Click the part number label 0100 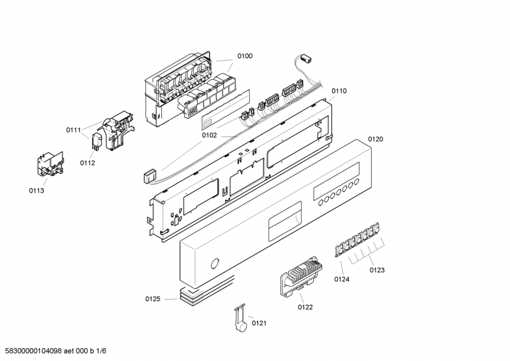245,56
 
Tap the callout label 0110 339,91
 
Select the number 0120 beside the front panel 375,139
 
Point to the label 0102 209,135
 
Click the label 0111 73,130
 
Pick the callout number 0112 87,163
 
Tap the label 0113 36,191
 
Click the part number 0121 259,323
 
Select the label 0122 305,307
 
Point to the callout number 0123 377,270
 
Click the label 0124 342,279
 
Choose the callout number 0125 152,299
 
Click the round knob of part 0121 242,326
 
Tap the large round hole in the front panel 215,263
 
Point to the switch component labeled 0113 50,164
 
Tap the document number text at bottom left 54,351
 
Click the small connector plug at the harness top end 307,59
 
